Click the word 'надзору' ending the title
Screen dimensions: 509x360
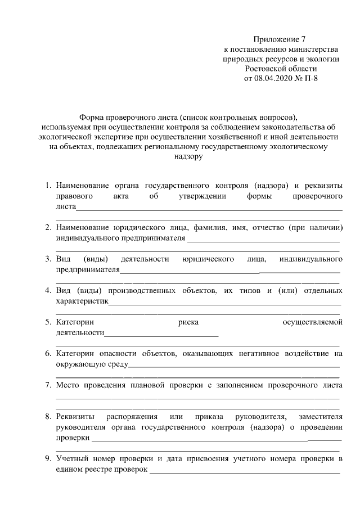pyautogui.click(x=188, y=157)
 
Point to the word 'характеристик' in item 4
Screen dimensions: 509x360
pyautogui.click(x=82, y=301)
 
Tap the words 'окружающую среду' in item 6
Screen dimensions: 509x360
pyautogui.click(x=92, y=364)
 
